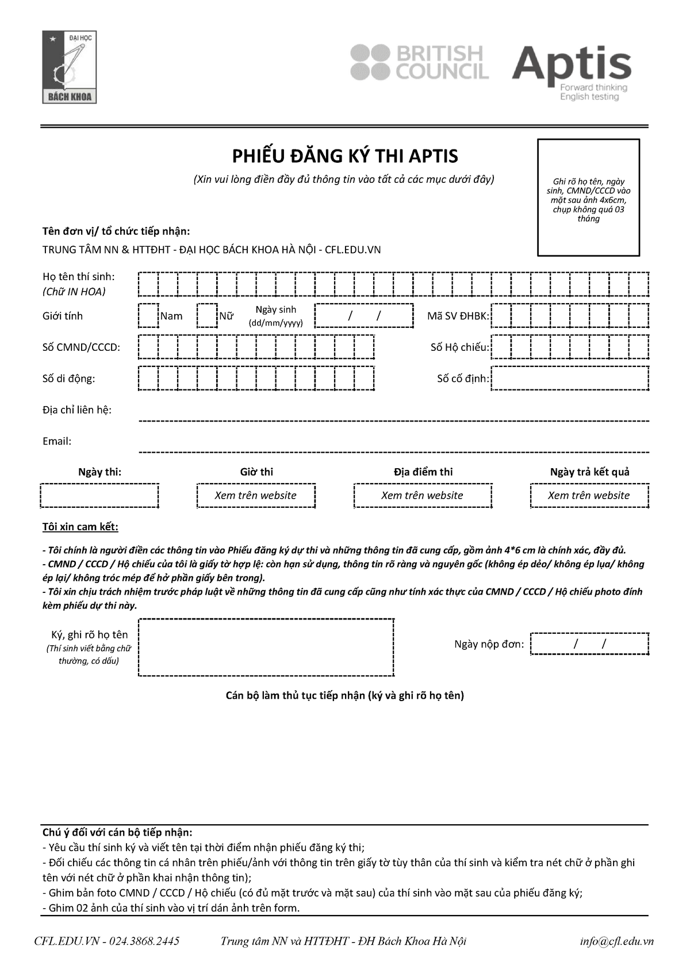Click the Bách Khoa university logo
pos(69,67)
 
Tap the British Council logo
pos(420,62)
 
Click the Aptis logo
pos(572,72)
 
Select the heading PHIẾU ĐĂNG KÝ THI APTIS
pos(344,156)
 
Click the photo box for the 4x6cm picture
pos(588,197)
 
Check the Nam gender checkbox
pos(148,315)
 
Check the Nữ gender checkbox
pos(207,315)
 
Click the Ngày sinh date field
pos(364,315)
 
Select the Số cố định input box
pos(570,378)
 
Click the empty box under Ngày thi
pos(99,496)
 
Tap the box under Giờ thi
pos(256,496)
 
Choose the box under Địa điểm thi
pos(423,496)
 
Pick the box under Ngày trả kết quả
pos(589,496)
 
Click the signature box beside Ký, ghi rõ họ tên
pos(266,648)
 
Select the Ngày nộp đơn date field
pos(589,644)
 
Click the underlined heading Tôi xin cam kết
pos(80,527)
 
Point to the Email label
pos(57,441)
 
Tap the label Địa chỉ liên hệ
pos(77,409)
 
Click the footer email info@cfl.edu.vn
pos(616,941)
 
